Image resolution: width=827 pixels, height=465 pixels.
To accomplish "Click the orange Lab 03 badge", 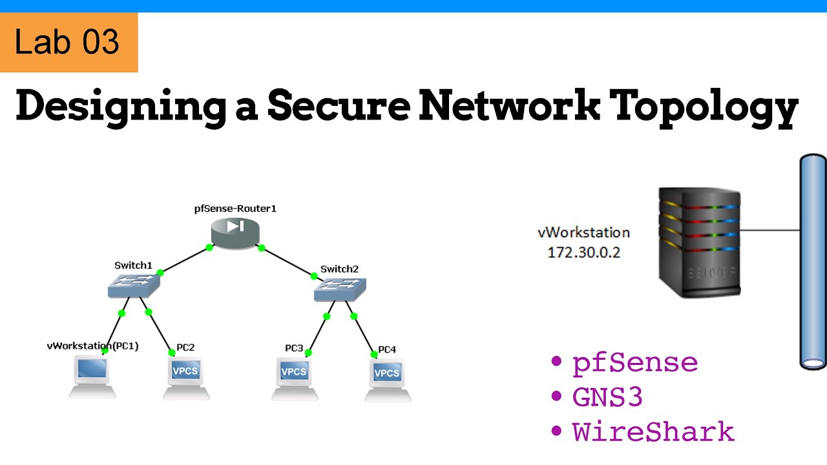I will pos(68,43).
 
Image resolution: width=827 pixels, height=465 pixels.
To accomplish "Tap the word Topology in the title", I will pos(705,107).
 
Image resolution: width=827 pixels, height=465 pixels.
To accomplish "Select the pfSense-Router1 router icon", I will pos(235,233).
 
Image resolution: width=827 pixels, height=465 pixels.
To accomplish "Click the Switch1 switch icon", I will pos(134,284).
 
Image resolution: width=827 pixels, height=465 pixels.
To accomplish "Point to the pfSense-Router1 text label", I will pos(235,209).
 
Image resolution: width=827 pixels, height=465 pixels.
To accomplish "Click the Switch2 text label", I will pos(339,269).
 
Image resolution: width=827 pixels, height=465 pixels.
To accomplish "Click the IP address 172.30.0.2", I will pos(583,253).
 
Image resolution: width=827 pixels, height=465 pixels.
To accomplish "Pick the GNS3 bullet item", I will pos(607,397).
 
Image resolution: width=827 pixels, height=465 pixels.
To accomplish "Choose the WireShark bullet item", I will pos(653,431).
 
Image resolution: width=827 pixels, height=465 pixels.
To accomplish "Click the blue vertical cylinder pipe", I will pos(813,262).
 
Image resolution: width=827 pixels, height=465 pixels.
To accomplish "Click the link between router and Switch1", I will pos(185,260).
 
